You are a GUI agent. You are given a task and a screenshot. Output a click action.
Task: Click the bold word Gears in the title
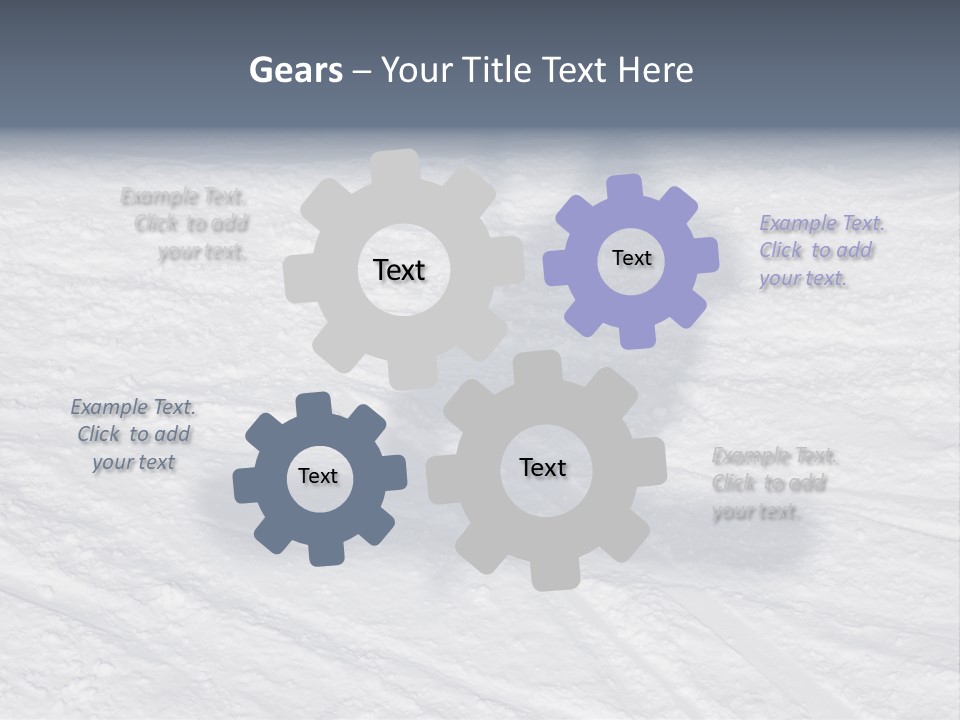295,70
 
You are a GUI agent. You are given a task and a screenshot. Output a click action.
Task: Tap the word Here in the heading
655,70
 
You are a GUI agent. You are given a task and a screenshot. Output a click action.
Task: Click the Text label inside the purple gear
631,258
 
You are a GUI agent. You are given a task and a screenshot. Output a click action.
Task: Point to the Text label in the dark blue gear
318,476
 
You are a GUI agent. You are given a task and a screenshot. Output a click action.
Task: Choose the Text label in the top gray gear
399,270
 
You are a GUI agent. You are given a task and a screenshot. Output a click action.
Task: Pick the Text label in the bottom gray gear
543,467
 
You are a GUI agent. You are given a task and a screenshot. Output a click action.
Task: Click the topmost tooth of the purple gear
625,188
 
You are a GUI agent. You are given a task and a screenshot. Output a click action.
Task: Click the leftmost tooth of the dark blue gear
245,485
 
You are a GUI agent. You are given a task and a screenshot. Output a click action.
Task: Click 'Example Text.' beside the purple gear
822,223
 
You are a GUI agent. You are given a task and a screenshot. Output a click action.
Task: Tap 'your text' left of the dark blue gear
134,462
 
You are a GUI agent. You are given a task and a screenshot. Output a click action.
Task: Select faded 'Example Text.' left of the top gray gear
184,196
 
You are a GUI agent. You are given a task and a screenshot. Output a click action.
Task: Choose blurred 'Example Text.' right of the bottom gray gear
775,456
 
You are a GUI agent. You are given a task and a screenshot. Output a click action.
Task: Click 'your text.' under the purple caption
803,279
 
